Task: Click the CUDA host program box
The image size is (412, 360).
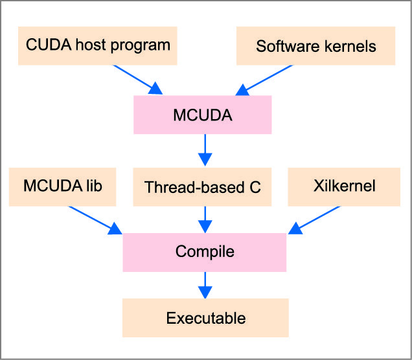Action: (98, 45)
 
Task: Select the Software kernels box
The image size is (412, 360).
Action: (315, 46)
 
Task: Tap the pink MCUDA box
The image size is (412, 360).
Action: (203, 116)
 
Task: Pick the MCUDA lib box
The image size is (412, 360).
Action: (62, 186)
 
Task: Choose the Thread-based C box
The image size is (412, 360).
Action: (203, 187)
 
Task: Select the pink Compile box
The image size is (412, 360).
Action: (205, 251)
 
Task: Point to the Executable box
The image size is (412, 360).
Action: (205, 318)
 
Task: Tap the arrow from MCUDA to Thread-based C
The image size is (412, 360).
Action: (205, 150)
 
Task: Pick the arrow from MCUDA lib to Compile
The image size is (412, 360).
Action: (94, 220)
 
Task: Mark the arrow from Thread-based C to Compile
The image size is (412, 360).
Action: (205, 219)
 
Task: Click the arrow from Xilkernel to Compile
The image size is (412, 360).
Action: (316, 219)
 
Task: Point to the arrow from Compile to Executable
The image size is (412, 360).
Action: (205, 286)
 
